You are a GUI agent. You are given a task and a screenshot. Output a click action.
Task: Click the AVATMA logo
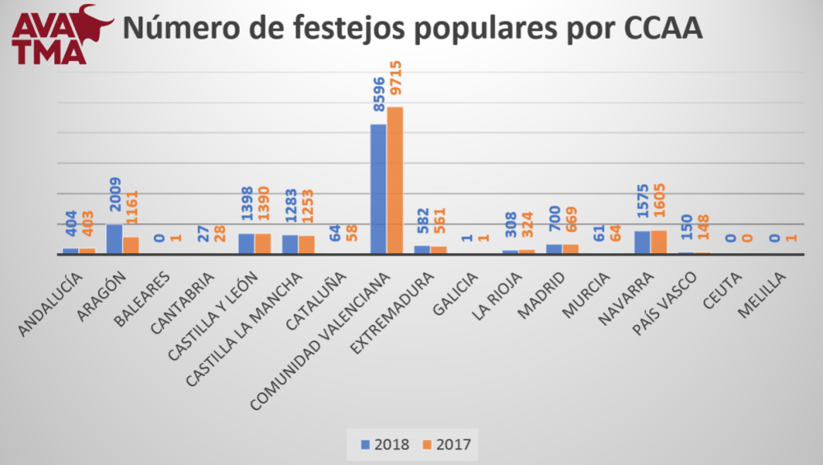pos(59,33)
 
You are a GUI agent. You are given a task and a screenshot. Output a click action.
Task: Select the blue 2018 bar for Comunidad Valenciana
pos(378,189)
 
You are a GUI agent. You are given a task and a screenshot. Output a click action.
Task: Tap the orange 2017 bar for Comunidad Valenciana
pos(395,181)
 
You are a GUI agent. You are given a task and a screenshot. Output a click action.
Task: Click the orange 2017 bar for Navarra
pos(658,242)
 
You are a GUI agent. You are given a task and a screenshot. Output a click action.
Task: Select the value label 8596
pos(378,98)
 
